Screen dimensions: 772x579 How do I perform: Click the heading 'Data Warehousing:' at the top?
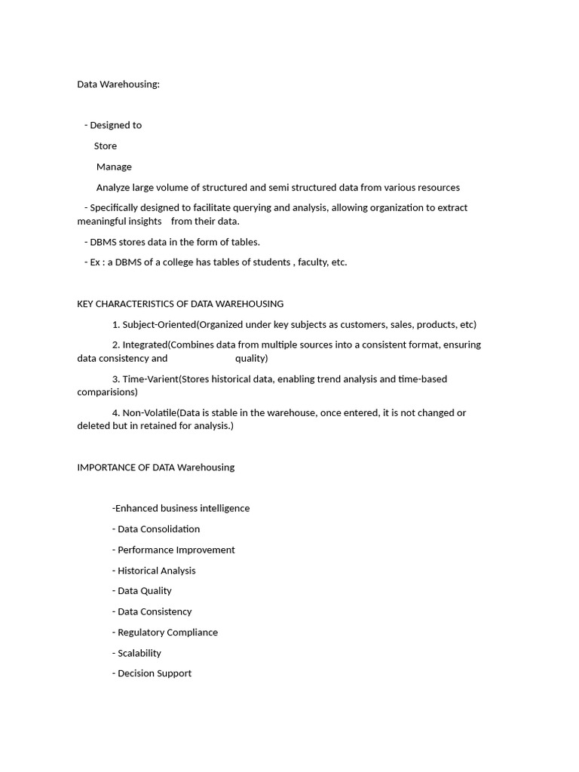coord(118,84)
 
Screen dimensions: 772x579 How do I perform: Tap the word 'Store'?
coord(106,146)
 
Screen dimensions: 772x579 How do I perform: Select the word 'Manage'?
coord(114,167)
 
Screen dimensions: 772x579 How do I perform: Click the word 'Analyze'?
coord(113,187)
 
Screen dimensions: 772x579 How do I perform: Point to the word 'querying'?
coord(281,207)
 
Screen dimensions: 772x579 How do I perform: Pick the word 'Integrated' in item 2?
coord(146,345)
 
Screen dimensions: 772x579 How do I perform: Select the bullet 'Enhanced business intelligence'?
coord(181,508)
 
